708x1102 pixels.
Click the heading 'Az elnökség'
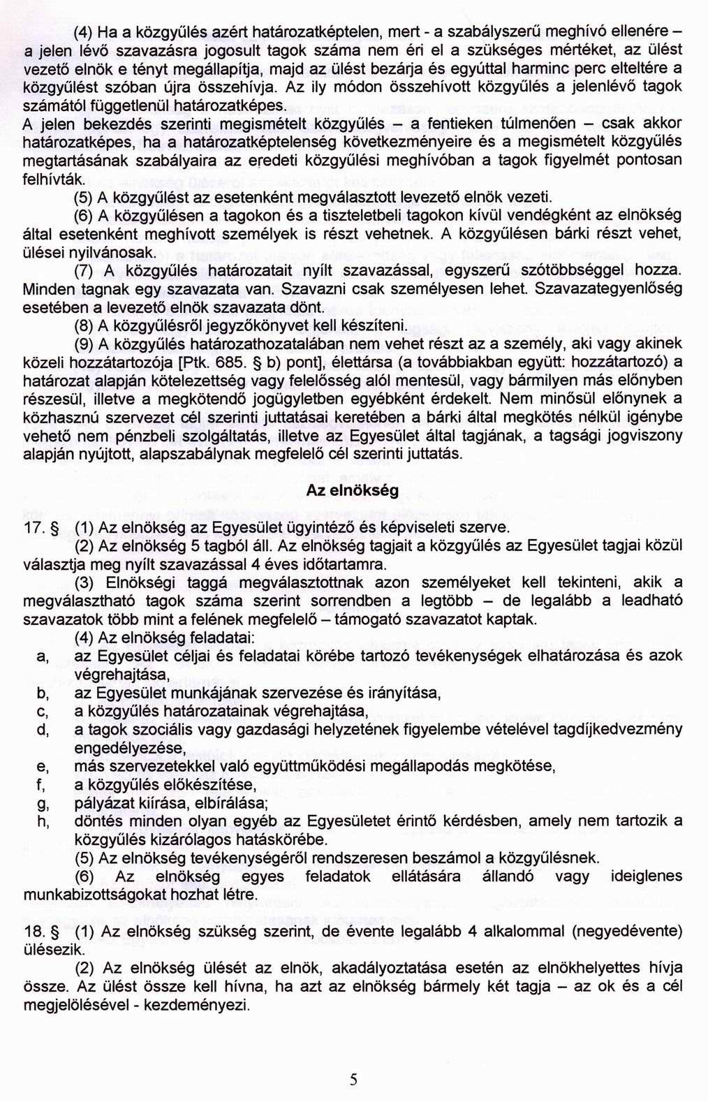click(x=353, y=490)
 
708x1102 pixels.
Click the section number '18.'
click(x=34, y=932)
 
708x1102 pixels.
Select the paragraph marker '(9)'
click(x=85, y=344)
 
